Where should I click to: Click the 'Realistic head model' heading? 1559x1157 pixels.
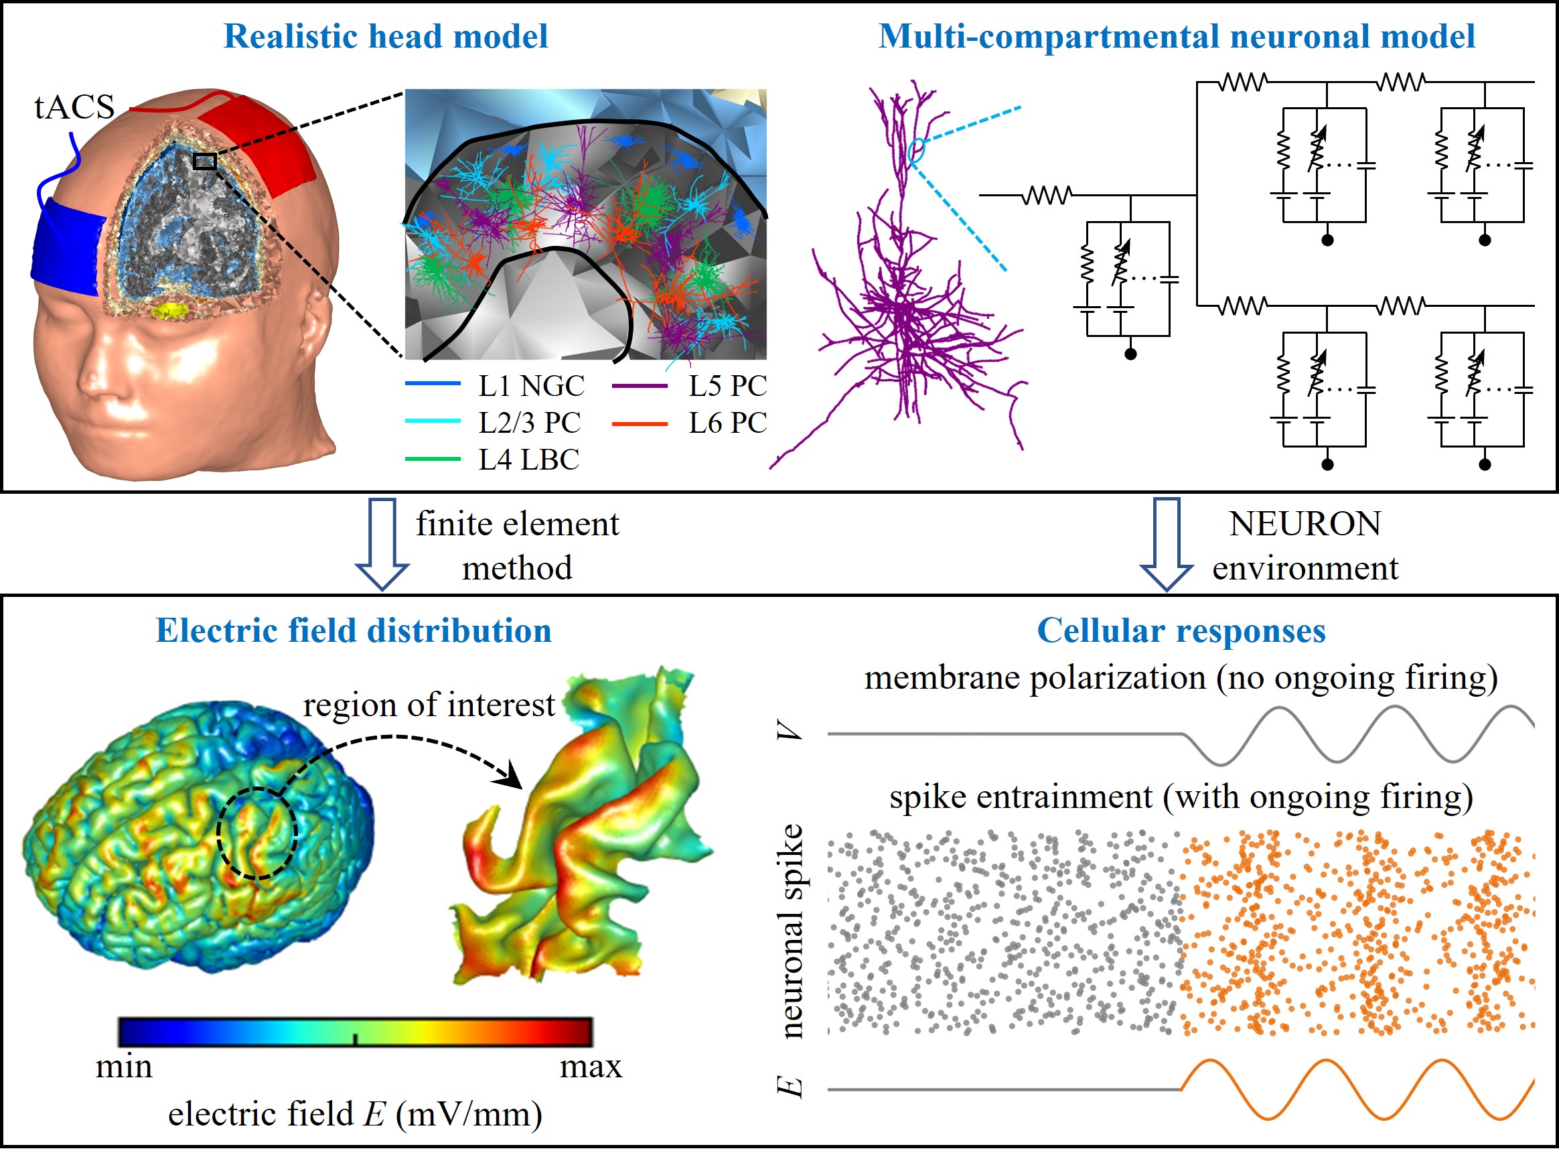pyautogui.click(x=385, y=36)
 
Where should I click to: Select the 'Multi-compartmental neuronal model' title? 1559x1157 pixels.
pyautogui.click(x=1176, y=36)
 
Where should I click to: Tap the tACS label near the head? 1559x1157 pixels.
pyautogui.click(x=74, y=107)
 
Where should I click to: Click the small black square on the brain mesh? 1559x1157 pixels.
pyautogui.click(x=204, y=161)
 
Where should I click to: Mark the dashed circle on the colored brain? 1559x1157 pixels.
pyautogui.click(x=257, y=833)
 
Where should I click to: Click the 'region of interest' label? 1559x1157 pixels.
pyautogui.click(x=429, y=705)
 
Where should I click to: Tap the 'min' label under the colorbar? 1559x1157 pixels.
pyautogui.click(x=124, y=1067)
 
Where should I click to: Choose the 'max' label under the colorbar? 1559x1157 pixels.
pyautogui.click(x=591, y=1067)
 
